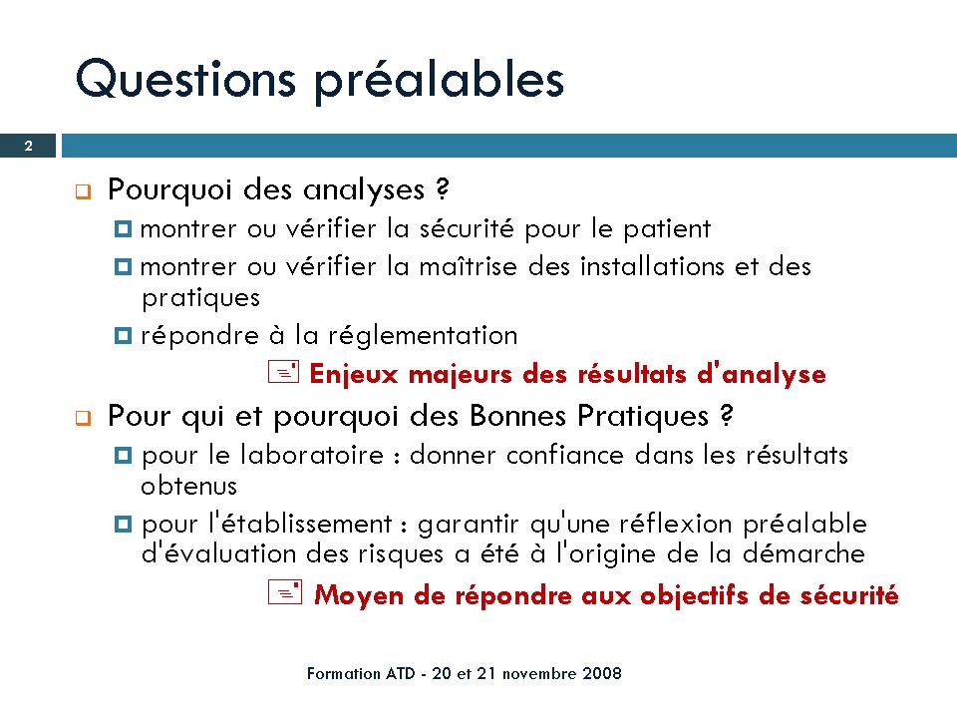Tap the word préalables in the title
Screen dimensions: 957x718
click(x=440, y=81)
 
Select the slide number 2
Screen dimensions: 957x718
click(x=28, y=146)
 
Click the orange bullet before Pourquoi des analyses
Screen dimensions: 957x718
click(x=83, y=191)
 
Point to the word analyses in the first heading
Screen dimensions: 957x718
click(x=364, y=189)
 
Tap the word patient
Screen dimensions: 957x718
click(x=667, y=230)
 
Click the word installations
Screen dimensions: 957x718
click(x=652, y=267)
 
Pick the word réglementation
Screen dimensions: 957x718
click(x=423, y=336)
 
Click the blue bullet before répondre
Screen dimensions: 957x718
click(x=123, y=336)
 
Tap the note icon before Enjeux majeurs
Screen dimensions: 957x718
click(x=284, y=372)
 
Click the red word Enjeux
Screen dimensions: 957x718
click(x=354, y=374)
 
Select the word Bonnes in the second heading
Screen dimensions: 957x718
click(x=518, y=416)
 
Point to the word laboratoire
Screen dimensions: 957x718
click(x=312, y=455)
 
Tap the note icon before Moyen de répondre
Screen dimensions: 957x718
click(x=285, y=592)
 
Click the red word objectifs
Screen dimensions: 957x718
click(x=695, y=596)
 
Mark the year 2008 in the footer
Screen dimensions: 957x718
click(x=602, y=673)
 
